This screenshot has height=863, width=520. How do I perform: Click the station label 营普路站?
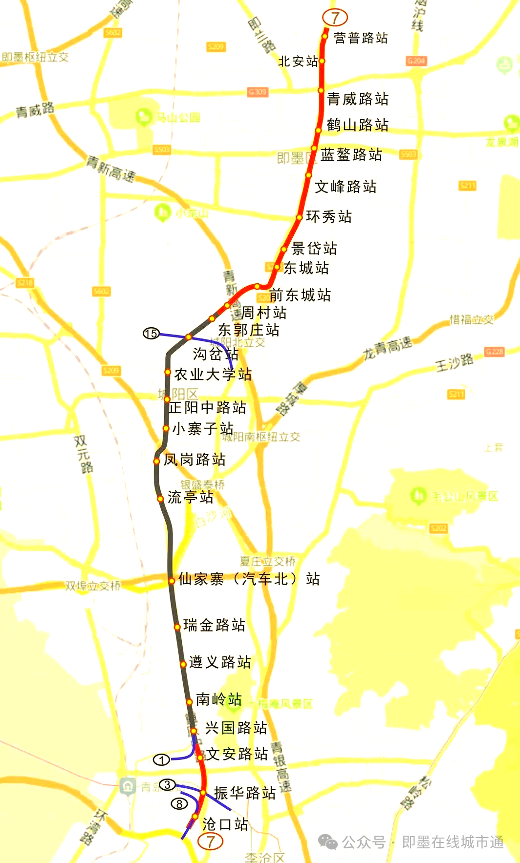[361, 38]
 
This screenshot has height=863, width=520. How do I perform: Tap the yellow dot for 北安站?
[322, 61]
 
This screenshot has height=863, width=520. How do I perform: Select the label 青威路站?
[357, 99]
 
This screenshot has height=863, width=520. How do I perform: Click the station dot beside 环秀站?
[299, 217]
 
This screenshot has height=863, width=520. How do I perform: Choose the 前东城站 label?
[300, 295]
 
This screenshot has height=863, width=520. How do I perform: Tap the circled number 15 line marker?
[151, 334]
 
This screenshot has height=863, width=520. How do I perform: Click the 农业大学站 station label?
[213, 374]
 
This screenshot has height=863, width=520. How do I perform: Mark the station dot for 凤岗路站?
[156, 461]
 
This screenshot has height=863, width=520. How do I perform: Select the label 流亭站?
[190, 497]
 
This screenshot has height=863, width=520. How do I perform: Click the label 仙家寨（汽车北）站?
[249, 579]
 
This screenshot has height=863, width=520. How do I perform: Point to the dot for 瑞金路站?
[177, 627]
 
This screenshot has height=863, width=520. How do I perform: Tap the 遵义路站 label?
[219, 662]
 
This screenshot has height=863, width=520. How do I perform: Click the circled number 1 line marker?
[161, 760]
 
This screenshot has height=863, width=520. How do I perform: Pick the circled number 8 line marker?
[179, 803]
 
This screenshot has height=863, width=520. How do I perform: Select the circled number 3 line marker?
[167, 784]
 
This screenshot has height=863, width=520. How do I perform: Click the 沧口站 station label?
[225, 824]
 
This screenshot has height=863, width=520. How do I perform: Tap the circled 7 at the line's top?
[335, 18]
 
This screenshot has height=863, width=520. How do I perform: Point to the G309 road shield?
[257, 92]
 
